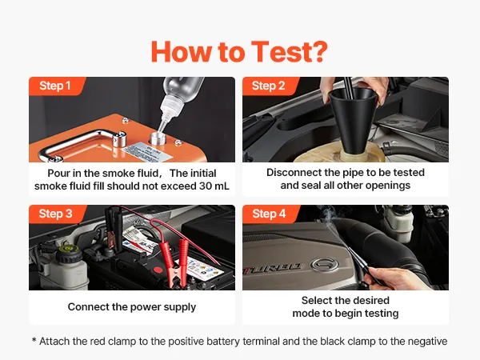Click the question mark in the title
click(317, 52)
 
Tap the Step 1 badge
click(56, 86)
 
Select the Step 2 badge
click(270, 86)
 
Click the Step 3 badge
click(56, 214)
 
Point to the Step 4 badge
click(270, 214)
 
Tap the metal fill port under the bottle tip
click(158, 138)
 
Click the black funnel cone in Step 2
click(354, 122)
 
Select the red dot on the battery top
click(158, 270)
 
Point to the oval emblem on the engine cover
click(324, 265)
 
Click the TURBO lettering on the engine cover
click(273, 270)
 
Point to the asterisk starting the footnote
click(34, 340)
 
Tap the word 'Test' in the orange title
click(278, 52)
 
